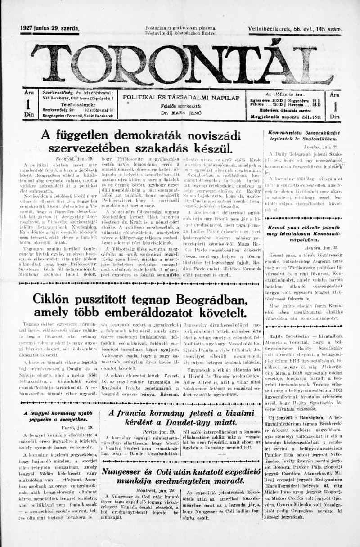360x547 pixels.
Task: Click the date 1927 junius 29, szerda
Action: click(49, 28)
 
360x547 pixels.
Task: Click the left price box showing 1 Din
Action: click(28, 105)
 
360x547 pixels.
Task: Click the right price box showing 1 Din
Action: click(334, 105)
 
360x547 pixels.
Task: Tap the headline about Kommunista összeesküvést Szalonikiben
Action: click(304, 136)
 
